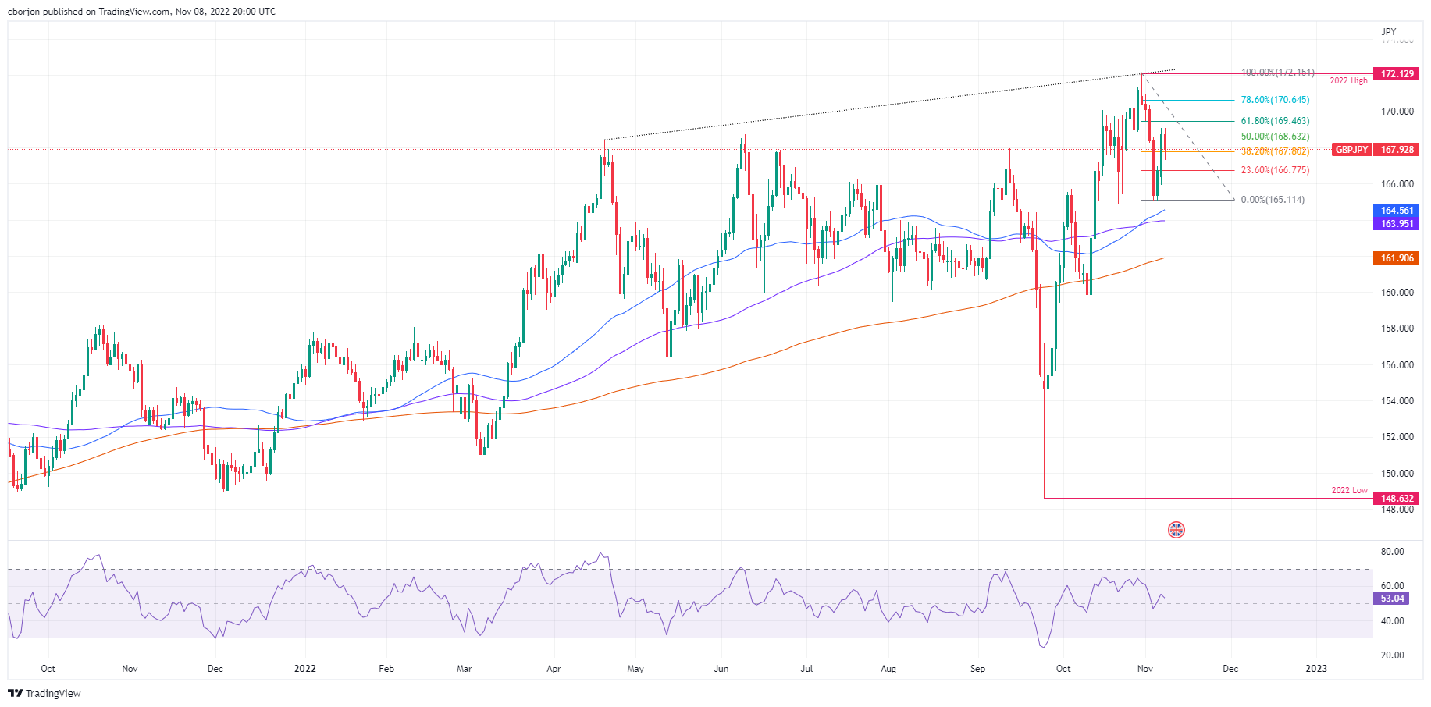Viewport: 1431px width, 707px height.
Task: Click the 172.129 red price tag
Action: pos(1396,74)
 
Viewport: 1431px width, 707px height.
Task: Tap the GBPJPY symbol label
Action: pos(1351,150)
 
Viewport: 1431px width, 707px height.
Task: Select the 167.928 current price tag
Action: pos(1396,150)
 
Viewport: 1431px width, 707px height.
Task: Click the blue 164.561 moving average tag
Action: pos(1396,211)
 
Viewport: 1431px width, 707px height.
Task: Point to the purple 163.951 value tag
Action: pos(1396,224)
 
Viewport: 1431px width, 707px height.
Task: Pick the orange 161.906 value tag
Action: pos(1396,258)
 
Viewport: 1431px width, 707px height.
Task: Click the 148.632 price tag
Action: pos(1396,499)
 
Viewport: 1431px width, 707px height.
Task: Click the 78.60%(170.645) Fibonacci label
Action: pos(1275,100)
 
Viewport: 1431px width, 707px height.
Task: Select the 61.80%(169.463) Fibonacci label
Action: pos(1275,121)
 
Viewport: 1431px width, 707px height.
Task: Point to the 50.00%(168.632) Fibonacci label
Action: pos(1275,137)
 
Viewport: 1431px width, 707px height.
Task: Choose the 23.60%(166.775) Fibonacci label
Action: pos(1275,170)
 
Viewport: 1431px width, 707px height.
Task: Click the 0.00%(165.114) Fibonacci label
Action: pos(1272,200)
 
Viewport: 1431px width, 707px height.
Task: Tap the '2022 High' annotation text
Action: pos(1348,81)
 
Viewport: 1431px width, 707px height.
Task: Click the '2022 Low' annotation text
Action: pos(1349,490)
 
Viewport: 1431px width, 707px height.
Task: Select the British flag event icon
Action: pos(1176,530)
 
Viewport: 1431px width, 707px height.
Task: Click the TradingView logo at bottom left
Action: pos(44,693)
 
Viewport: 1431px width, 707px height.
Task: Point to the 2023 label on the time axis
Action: pos(1315,669)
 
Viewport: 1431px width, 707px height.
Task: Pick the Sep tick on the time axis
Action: pos(977,669)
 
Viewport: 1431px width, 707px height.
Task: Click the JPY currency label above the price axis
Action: pos(1388,32)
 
